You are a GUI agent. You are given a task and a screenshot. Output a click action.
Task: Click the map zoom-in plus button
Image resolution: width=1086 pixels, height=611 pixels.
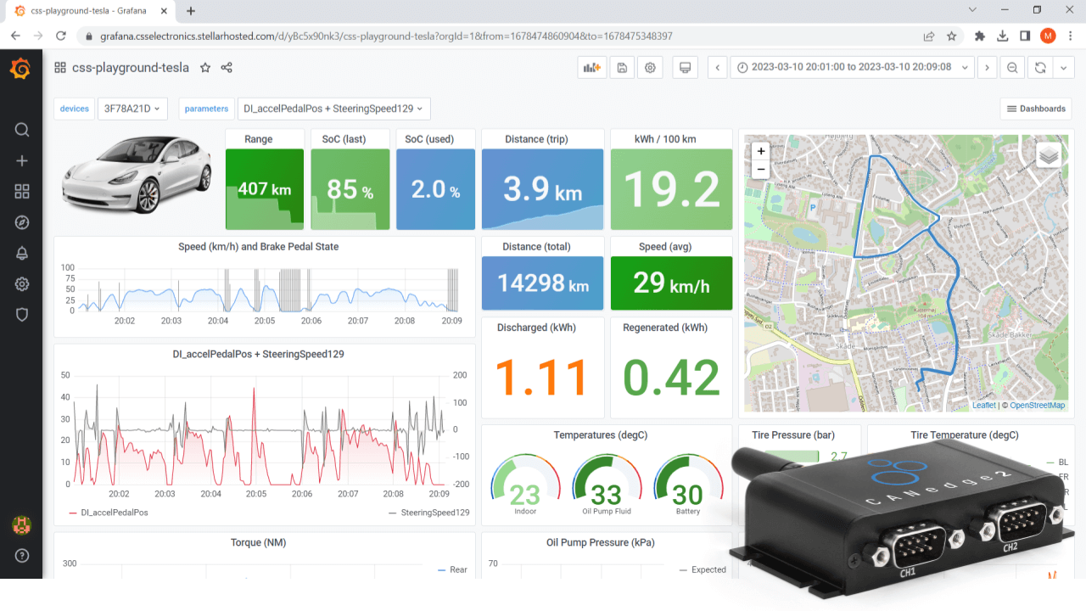click(761, 151)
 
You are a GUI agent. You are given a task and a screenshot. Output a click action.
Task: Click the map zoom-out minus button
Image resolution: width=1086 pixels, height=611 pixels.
click(761, 169)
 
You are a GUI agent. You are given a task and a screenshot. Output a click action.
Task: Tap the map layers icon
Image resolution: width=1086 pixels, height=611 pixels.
click(1049, 154)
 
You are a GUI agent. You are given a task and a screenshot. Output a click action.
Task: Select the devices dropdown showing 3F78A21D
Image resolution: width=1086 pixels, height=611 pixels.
click(132, 109)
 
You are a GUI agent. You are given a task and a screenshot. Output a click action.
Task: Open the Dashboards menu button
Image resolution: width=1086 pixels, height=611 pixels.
click(1036, 109)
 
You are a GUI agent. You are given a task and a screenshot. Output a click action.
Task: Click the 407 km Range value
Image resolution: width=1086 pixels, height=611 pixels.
click(264, 189)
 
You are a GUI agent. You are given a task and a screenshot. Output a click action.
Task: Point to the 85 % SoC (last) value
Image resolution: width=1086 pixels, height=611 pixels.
click(350, 189)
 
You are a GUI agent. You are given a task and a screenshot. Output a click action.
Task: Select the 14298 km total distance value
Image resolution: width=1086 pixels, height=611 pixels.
click(543, 283)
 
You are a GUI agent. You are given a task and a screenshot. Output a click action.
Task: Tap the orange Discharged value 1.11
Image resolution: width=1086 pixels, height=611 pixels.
click(542, 378)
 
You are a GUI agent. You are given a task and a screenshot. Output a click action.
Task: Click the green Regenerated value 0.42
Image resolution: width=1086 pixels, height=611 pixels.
click(671, 378)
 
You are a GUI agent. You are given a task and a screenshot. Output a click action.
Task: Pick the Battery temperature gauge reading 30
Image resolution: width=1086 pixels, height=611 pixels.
click(688, 493)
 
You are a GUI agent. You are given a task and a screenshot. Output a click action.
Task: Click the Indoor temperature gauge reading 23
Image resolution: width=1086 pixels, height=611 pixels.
click(525, 493)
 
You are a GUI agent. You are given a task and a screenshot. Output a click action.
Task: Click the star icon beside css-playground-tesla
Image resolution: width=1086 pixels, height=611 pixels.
click(204, 68)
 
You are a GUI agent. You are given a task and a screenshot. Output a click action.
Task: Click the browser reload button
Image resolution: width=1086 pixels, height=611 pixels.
click(61, 36)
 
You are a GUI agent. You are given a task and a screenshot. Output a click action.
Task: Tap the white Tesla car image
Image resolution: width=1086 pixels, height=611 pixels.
click(136, 176)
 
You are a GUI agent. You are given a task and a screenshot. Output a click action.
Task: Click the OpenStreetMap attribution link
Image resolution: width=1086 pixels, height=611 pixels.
click(1037, 406)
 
